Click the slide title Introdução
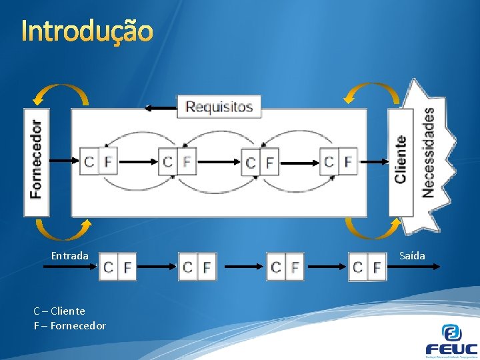click(x=87, y=31)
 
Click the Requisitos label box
click(x=219, y=107)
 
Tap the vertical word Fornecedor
click(x=36, y=159)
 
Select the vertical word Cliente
click(x=401, y=159)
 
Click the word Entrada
click(x=69, y=256)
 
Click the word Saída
click(x=412, y=256)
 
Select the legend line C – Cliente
click(x=59, y=311)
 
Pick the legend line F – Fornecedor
click(x=69, y=326)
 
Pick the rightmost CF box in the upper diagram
click(x=339, y=161)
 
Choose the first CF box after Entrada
click(x=117, y=267)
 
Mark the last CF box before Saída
click(x=367, y=267)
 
